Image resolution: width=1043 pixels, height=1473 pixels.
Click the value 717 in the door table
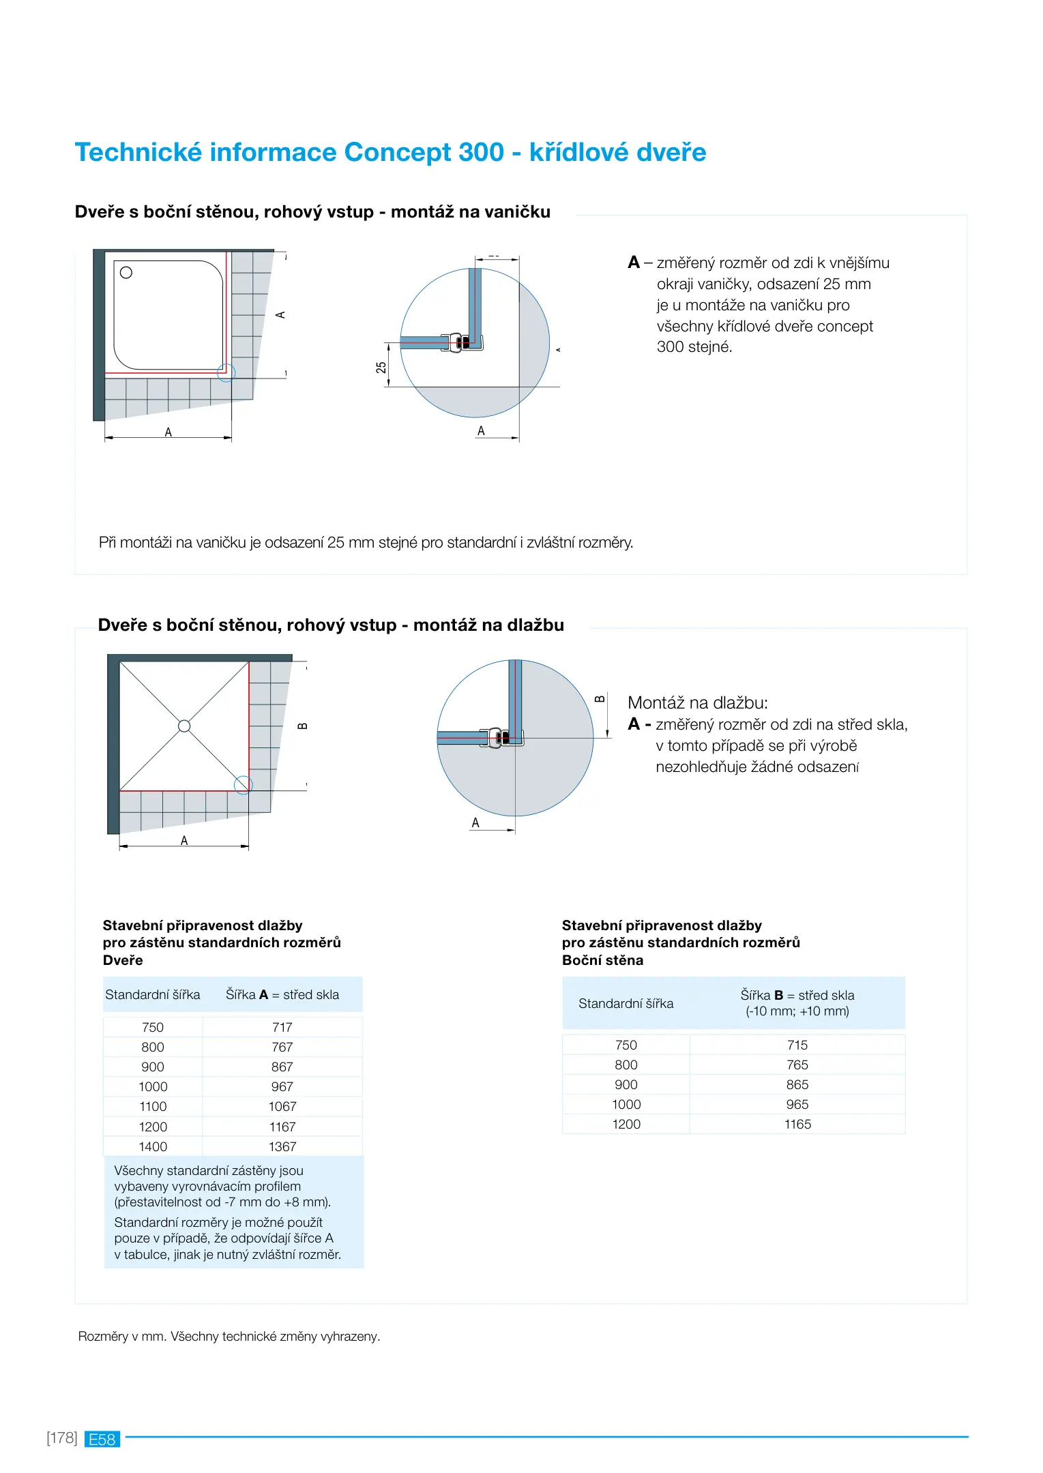click(x=282, y=1027)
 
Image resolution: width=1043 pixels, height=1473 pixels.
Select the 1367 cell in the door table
click(x=282, y=1146)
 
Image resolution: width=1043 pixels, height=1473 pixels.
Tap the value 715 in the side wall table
click(x=797, y=1045)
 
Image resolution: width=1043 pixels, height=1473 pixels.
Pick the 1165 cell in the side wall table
click(x=797, y=1124)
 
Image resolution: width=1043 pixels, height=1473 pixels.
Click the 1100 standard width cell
click(x=153, y=1106)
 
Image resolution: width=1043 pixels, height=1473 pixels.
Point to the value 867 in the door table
click(x=282, y=1067)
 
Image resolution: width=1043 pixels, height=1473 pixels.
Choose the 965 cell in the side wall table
click(x=797, y=1104)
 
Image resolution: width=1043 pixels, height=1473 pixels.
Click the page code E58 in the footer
click(x=102, y=1439)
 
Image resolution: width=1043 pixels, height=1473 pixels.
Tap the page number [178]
click(x=62, y=1438)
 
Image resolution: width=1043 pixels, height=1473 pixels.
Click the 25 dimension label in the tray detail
click(x=381, y=367)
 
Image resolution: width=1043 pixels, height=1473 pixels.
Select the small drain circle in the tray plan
click(x=126, y=273)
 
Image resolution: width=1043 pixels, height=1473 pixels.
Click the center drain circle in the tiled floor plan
click(x=184, y=726)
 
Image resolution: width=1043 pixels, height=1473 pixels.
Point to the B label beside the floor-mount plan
click(x=303, y=726)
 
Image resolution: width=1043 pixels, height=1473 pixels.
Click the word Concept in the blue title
click(x=398, y=152)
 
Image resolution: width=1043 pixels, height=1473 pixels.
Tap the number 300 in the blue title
click(x=482, y=152)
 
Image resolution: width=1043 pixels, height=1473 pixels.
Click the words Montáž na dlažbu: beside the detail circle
click(x=697, y=702)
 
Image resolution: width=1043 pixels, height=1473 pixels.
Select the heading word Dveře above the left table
click(x=123, y=960)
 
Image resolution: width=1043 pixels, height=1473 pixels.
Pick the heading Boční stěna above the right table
click(x=602, y=960)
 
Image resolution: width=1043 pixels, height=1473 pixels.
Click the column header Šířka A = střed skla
click(x=282, y=994)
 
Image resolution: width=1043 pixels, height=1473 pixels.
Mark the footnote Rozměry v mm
click(x=122, y=1336)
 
